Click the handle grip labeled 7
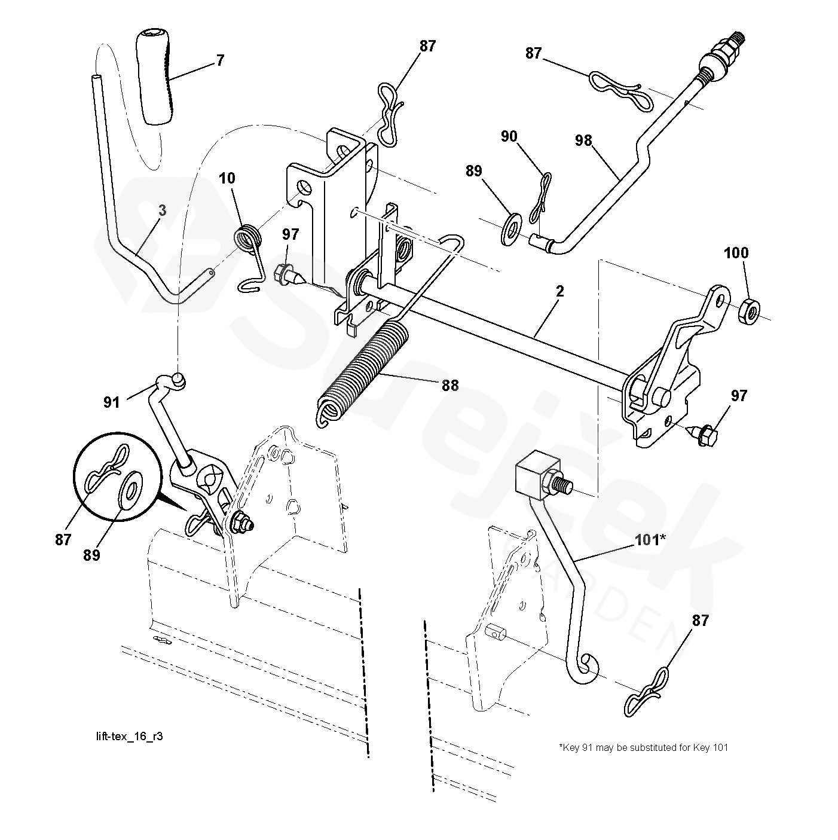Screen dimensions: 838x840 point(155,78)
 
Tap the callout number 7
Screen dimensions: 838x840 point(220,60)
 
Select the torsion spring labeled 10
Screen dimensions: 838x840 point(250,257)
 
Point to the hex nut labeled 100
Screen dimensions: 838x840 point(749,310)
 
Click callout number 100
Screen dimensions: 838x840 point(736,253)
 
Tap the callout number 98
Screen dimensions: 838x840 point(583,140)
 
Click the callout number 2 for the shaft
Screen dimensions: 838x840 point(560,291)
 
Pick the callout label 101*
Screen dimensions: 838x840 point(650,540)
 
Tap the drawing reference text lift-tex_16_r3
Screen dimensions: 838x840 point(130,736)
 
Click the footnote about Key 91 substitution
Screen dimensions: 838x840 point(644,747)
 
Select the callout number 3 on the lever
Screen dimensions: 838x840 point(162,210)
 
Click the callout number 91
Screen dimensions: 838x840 point(111,402)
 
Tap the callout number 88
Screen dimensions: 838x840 point(450,386)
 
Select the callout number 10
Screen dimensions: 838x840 point(227,178)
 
